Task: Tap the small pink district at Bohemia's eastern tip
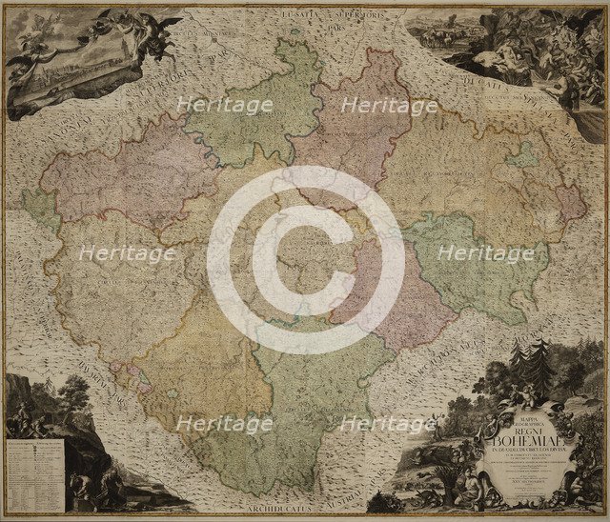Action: [569, 203]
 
